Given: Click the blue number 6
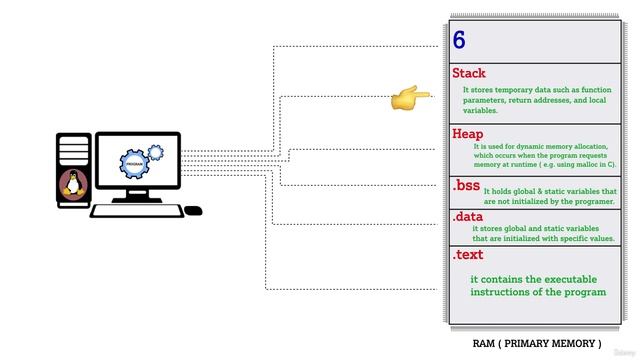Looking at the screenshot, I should tap(460, 41).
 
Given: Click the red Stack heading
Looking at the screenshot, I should tap(469, 73).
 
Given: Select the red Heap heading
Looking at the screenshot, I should tap(469, 134).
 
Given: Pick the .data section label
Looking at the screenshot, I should tap(468, 217).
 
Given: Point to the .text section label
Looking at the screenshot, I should tap(468, 255).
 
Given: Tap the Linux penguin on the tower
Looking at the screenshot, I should tap(73, 184).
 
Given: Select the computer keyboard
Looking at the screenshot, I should tap(136, 210).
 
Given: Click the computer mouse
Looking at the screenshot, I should tap(193, 210).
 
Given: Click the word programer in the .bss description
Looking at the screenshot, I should tap(592, 201).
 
